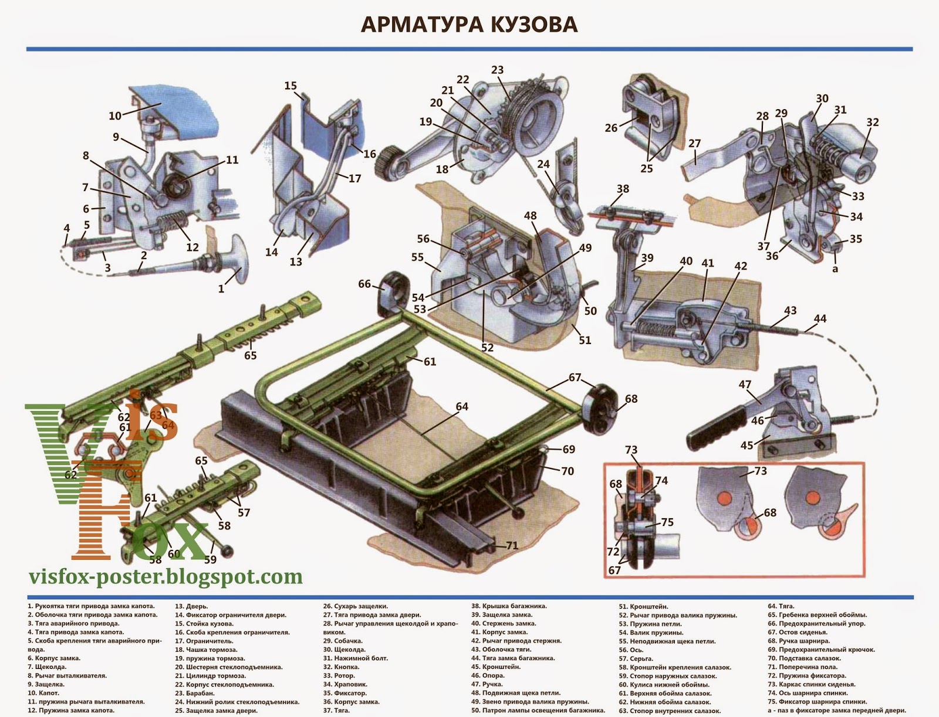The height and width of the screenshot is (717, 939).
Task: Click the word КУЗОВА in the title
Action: [524, 25]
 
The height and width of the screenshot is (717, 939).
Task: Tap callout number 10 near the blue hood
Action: [114, 115]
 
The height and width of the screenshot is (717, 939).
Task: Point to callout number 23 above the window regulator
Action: [497, 70]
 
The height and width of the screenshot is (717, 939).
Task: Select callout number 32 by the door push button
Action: [873, 122]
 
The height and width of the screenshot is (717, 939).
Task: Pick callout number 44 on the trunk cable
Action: [820, 319]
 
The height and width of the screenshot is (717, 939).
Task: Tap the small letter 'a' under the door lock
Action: [835, 269]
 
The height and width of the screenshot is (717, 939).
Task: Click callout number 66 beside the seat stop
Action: [364, 284]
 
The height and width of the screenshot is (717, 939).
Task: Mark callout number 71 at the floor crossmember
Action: [512, 546]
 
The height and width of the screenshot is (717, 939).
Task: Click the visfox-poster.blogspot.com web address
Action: [166, 577]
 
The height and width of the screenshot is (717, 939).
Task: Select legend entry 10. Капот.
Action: [43, 693]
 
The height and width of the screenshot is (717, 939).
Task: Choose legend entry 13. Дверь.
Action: [192, 606]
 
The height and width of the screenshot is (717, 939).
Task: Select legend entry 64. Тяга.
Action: [781, 606]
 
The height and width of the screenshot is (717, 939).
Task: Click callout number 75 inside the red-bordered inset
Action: [667, 522]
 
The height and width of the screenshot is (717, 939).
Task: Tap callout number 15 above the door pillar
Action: [291, 86]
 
